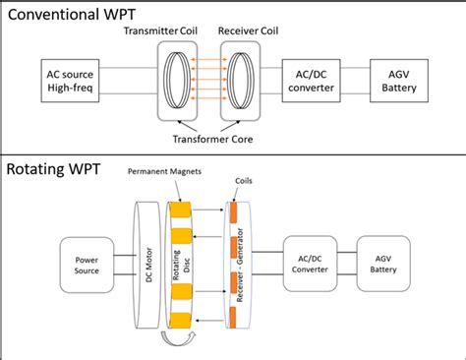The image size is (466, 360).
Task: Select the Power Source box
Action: [x=90, y=263]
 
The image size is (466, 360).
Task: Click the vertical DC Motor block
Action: [x=143, y=263]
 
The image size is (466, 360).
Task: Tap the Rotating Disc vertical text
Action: [x=179, y=263]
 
